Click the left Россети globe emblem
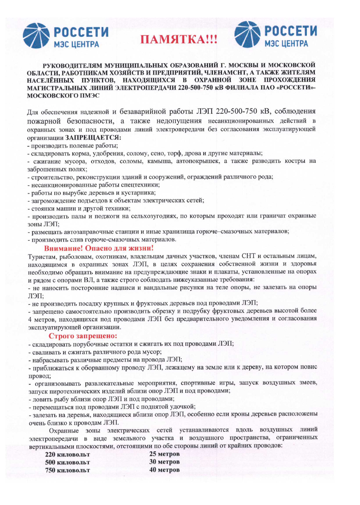[36, 35]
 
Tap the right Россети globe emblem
[247, 34]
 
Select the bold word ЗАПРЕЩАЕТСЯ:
[93, 138]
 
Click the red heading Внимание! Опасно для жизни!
[99, 248]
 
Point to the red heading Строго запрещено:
[83, 335]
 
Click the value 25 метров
[164, 454]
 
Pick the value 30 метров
[164, 462]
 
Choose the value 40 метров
[164, 470]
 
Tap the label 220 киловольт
[67, 455]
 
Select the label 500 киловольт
[67, 462]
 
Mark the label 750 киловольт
[67, 470]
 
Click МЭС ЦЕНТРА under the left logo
[76, 44]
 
